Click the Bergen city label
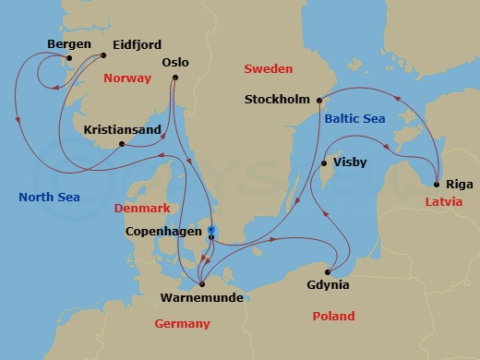pyautogui.click(x=70, y=43)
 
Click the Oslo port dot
pyautogui.click(x=173, y=78)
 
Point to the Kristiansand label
pyautogui.click(x=124, y=130)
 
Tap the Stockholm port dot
pyautogui.click(x=318, y=100)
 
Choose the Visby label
pyautogui.click(x=351, y=162)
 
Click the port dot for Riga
pyautogui.click(x=435, y=184)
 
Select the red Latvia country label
pyautogui.click(x=440, y=201)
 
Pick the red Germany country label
pyautogui.click(x=183, y=323)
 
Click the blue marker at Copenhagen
pyautogui.click(x=210, y=230)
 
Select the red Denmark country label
pyautogui.click(x=142, y=209)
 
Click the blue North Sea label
pyautogui.click(x=49, y=197)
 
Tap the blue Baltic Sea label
pyautogui.click(x=354, y=118)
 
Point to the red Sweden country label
pyautogui.click(x=268, y=69)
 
